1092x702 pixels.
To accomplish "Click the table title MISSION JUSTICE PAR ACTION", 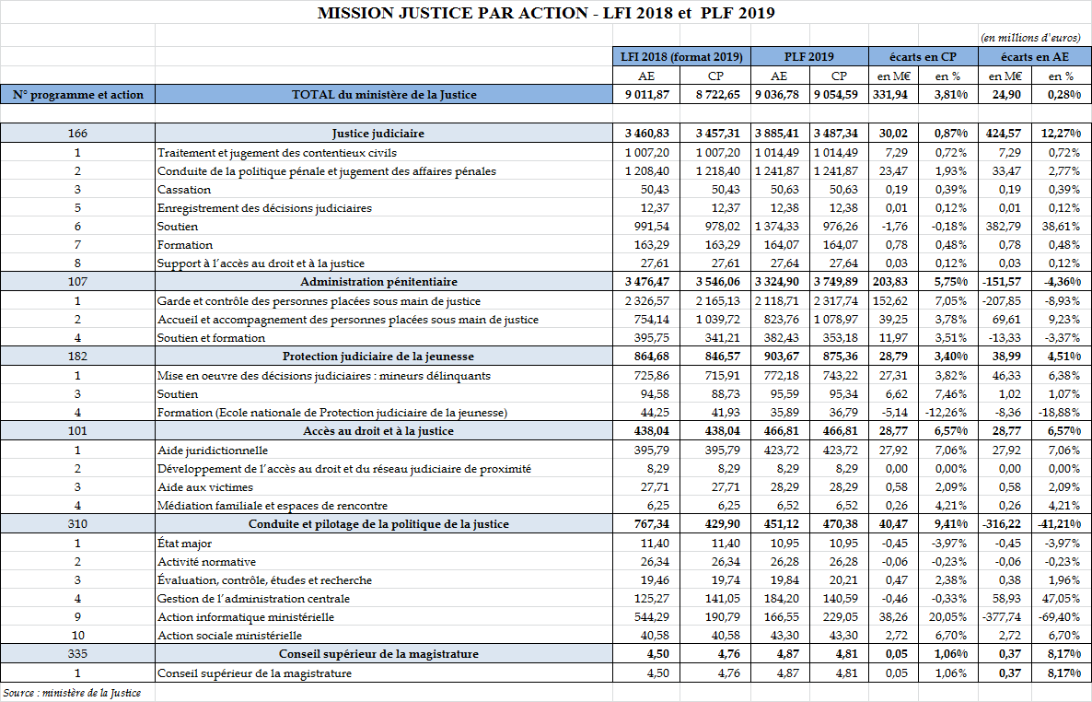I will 545,13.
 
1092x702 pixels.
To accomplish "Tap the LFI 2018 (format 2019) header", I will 681,56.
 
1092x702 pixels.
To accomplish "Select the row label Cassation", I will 184,189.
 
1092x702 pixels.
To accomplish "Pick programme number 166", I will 76,134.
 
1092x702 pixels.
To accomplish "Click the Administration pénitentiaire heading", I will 379,281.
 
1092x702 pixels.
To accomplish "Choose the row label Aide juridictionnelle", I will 213,450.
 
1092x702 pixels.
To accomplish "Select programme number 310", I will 76,524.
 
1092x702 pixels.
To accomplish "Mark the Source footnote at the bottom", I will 72,692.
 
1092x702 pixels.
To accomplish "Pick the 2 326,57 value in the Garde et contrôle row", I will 646,300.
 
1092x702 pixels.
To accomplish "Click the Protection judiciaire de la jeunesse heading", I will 379,357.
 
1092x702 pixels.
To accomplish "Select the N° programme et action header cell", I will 77,94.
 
